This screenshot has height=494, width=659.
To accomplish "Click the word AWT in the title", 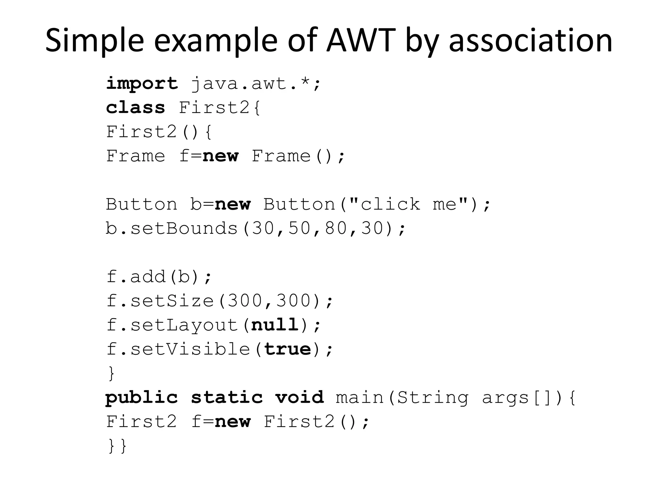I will click(361, 40).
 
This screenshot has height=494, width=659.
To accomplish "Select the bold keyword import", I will click(142, 84).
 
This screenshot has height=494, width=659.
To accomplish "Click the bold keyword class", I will click(135, 108).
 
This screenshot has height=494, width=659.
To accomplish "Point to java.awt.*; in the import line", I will click(256, 84).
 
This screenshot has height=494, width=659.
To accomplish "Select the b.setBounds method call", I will click(172, 228).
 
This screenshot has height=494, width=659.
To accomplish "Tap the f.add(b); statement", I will click(159, 277).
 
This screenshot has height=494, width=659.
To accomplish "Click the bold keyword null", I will click(275, 325).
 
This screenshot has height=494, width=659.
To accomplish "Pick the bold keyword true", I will click(287, 349).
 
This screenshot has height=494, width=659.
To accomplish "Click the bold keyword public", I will click(142, 398).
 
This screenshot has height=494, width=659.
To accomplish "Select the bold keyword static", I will click(227, 398).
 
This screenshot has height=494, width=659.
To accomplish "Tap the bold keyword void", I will click(299, 398).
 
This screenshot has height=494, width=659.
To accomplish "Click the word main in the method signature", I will click(360, 398).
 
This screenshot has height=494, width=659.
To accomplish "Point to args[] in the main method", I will click(512, 398).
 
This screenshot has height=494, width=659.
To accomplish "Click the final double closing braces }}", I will click(117, 446).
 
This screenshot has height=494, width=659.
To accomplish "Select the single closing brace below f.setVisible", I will click(111, 373).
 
